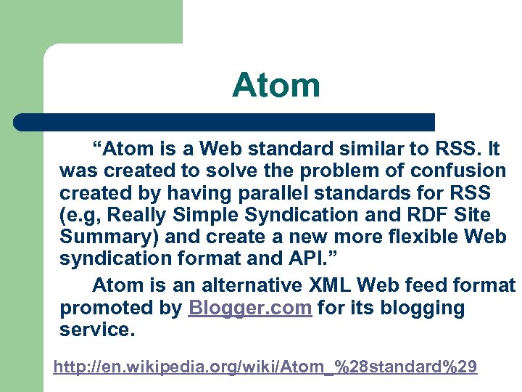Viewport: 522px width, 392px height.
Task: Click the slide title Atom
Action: [x=275, y=85]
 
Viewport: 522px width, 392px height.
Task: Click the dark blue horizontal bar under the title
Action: [x=225, y=122]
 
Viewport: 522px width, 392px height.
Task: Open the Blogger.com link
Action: [x=250, y=308]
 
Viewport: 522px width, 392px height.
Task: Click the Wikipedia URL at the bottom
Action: [x=265, y=367]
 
